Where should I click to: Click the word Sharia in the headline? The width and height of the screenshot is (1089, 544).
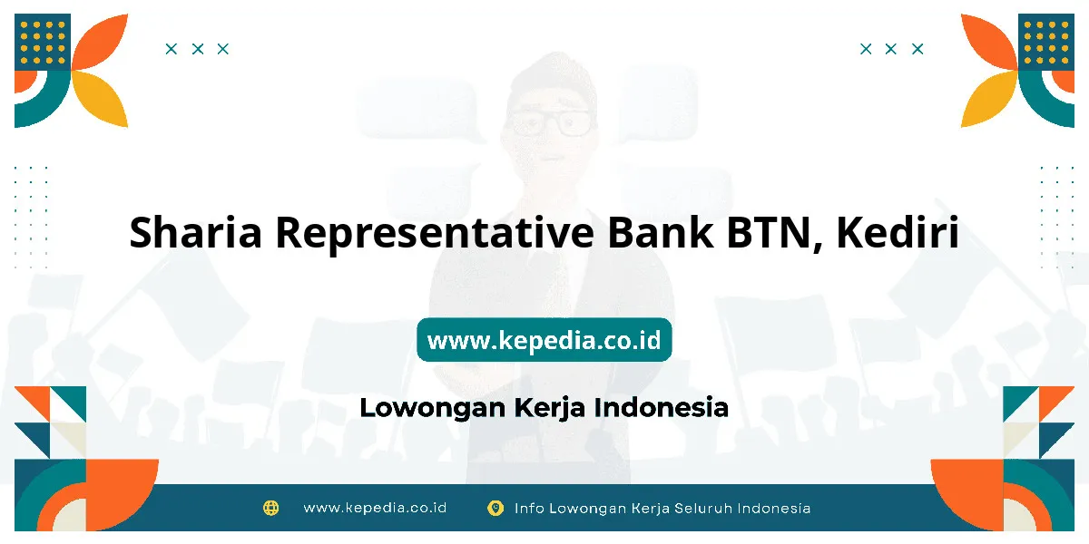pos(195,232)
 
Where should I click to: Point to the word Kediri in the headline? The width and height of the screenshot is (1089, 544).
pos(898,231)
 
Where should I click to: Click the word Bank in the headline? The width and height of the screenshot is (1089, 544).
pos(661,231)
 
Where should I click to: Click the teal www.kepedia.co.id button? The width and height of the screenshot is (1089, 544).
pos(544,339)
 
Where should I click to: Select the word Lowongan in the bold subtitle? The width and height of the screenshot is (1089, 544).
pos(433,408)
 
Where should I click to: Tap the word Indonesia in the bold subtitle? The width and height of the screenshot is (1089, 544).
pos(662,407)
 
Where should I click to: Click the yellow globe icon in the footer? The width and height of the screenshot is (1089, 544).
pos(270,508)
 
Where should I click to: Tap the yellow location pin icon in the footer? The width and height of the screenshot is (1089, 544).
pos(495,508)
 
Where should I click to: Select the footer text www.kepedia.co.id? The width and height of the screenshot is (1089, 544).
pos(375,508)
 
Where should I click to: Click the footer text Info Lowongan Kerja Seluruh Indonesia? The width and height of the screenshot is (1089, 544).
pos(662,509)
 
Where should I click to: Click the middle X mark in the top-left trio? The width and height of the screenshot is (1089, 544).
pos(198,49)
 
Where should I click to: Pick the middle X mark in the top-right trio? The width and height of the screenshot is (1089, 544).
pos(890,49)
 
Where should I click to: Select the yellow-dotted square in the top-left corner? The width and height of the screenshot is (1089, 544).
pos(43,42)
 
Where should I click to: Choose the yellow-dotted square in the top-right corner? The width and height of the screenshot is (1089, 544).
pos(1046,42)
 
